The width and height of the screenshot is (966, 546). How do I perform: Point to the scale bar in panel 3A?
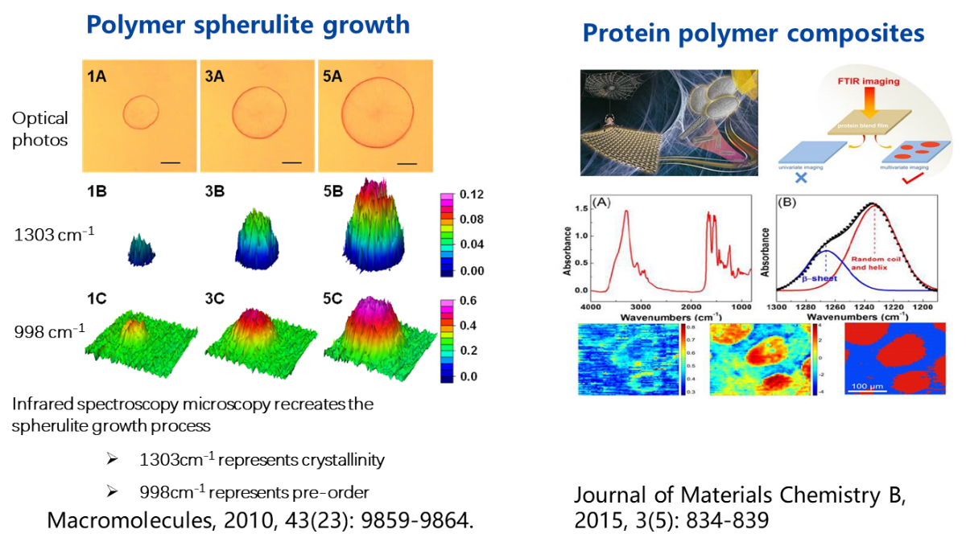click(x=292, y=163)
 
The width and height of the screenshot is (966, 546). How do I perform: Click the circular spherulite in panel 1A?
click(x=142, y=112)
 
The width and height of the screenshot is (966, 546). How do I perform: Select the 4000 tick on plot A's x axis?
click(x=592, y=307)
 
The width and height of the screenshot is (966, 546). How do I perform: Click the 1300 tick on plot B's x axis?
click(x=777, y=307)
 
